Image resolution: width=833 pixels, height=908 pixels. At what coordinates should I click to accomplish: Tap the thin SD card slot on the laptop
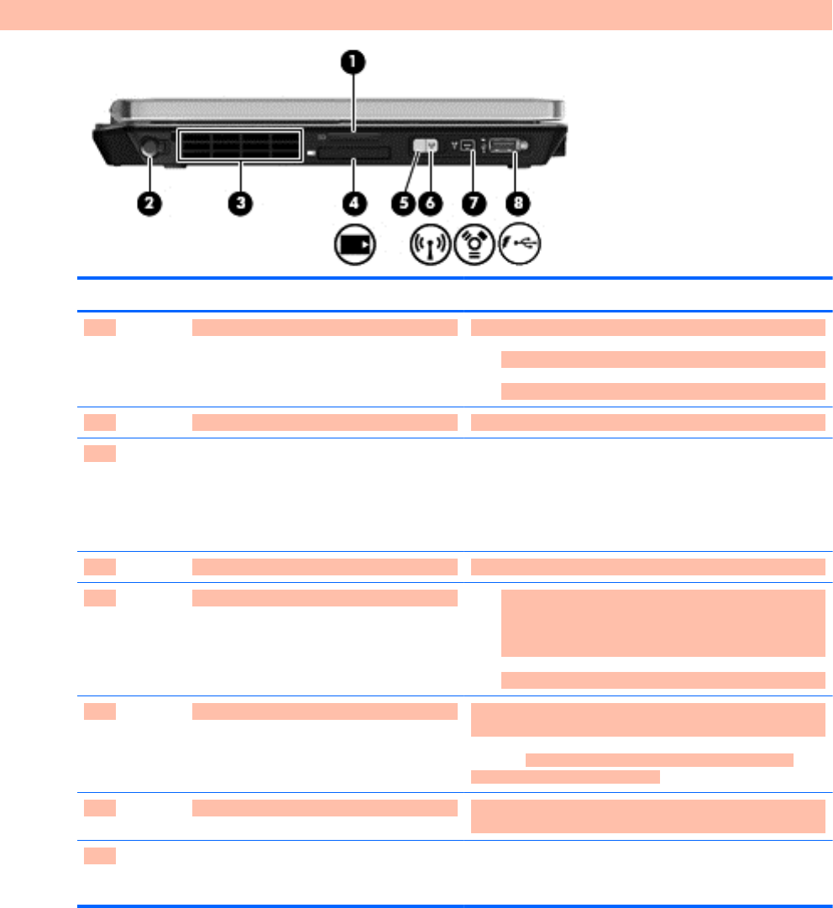click(x=354, y=134)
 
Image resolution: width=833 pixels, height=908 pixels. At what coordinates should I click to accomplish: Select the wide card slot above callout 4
click(x=351, y=153)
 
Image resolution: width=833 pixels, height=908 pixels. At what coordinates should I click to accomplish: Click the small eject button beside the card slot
click(x=312, y=154)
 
